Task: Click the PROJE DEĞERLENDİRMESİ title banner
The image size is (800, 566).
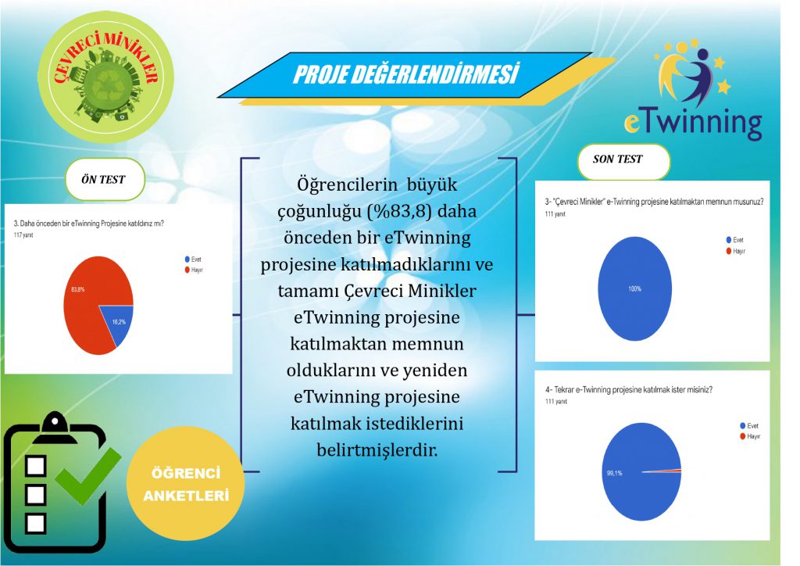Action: click(x=405, y=75)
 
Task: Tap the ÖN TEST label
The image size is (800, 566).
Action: click(x=103, y=179)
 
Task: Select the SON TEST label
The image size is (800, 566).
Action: click(x=618, y=160)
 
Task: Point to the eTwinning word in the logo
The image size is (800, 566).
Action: click(x=692, y=122)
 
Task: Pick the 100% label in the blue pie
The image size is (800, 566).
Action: click(x=634, y=289)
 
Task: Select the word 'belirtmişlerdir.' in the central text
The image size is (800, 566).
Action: click(x=377, y=450)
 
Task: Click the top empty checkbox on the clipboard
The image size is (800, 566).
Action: click(x=36, y=466)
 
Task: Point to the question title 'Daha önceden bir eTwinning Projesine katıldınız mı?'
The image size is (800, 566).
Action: click(x=94, y=224)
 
